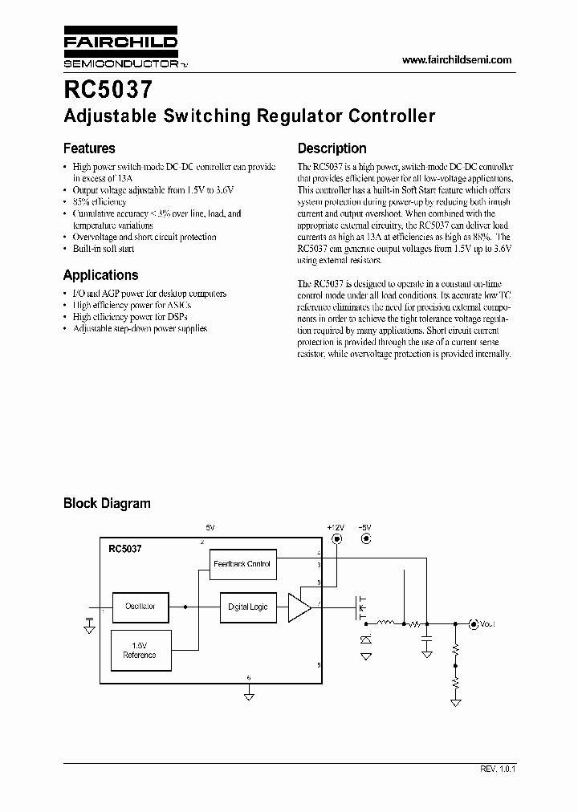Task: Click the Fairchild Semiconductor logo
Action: [120, 51]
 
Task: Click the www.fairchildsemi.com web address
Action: [456, 60]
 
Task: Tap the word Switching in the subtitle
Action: [207, 116]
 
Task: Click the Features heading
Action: [89, 148]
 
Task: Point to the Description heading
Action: [332, 148]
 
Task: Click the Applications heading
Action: [100, 274]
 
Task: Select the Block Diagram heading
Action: [107, 503]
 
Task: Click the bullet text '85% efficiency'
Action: [100, 202]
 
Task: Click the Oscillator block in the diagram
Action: [140, 607]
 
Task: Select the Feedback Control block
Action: [242, 564]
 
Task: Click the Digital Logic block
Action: [248, 607]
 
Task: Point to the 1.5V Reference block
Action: [139, 650]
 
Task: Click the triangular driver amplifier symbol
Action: [300, 607]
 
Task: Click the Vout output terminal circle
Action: [473, 624]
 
